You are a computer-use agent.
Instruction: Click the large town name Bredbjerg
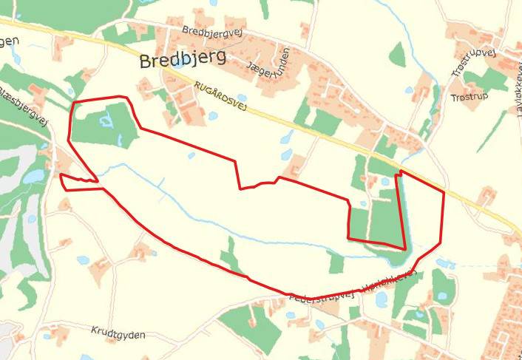(182, 60)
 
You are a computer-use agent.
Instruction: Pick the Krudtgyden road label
(118, 333)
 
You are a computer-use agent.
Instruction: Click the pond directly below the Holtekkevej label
(382, 299)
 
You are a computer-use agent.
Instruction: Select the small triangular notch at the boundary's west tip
(78, 180)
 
